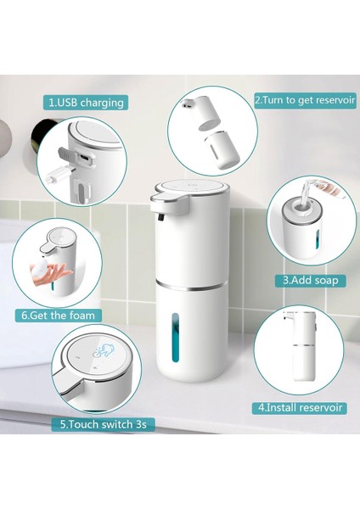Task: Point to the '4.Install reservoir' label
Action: pyautogui.click(x=301, y=407)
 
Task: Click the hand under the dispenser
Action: pyautogui.click(x=62, y=274)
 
